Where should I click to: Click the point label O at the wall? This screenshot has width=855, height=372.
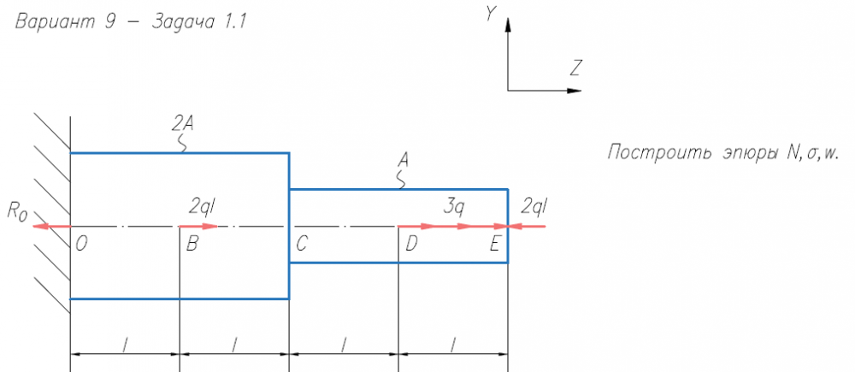(81, 245)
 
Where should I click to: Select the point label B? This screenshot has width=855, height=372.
(192, 245)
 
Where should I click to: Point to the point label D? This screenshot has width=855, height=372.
(412, 245)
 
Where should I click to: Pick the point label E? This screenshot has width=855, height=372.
(494, 245)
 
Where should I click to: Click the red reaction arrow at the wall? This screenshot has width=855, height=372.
(52, 226)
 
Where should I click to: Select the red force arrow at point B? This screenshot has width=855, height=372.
(199, 226)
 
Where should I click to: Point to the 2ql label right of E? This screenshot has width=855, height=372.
(534, 207)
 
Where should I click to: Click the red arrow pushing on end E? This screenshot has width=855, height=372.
(528, 226)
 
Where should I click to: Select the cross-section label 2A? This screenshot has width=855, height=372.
(183, 124)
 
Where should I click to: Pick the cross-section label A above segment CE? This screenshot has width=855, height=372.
(404, 160)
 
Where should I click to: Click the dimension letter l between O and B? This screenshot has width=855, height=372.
(126, 344)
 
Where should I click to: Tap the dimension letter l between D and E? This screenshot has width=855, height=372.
(454, 344)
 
